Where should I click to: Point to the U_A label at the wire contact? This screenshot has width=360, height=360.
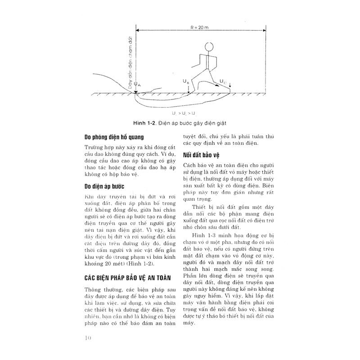pyautogui.click(x=137, y=84)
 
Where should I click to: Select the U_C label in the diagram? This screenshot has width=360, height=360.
pyautogui.click(x=223, y=81)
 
